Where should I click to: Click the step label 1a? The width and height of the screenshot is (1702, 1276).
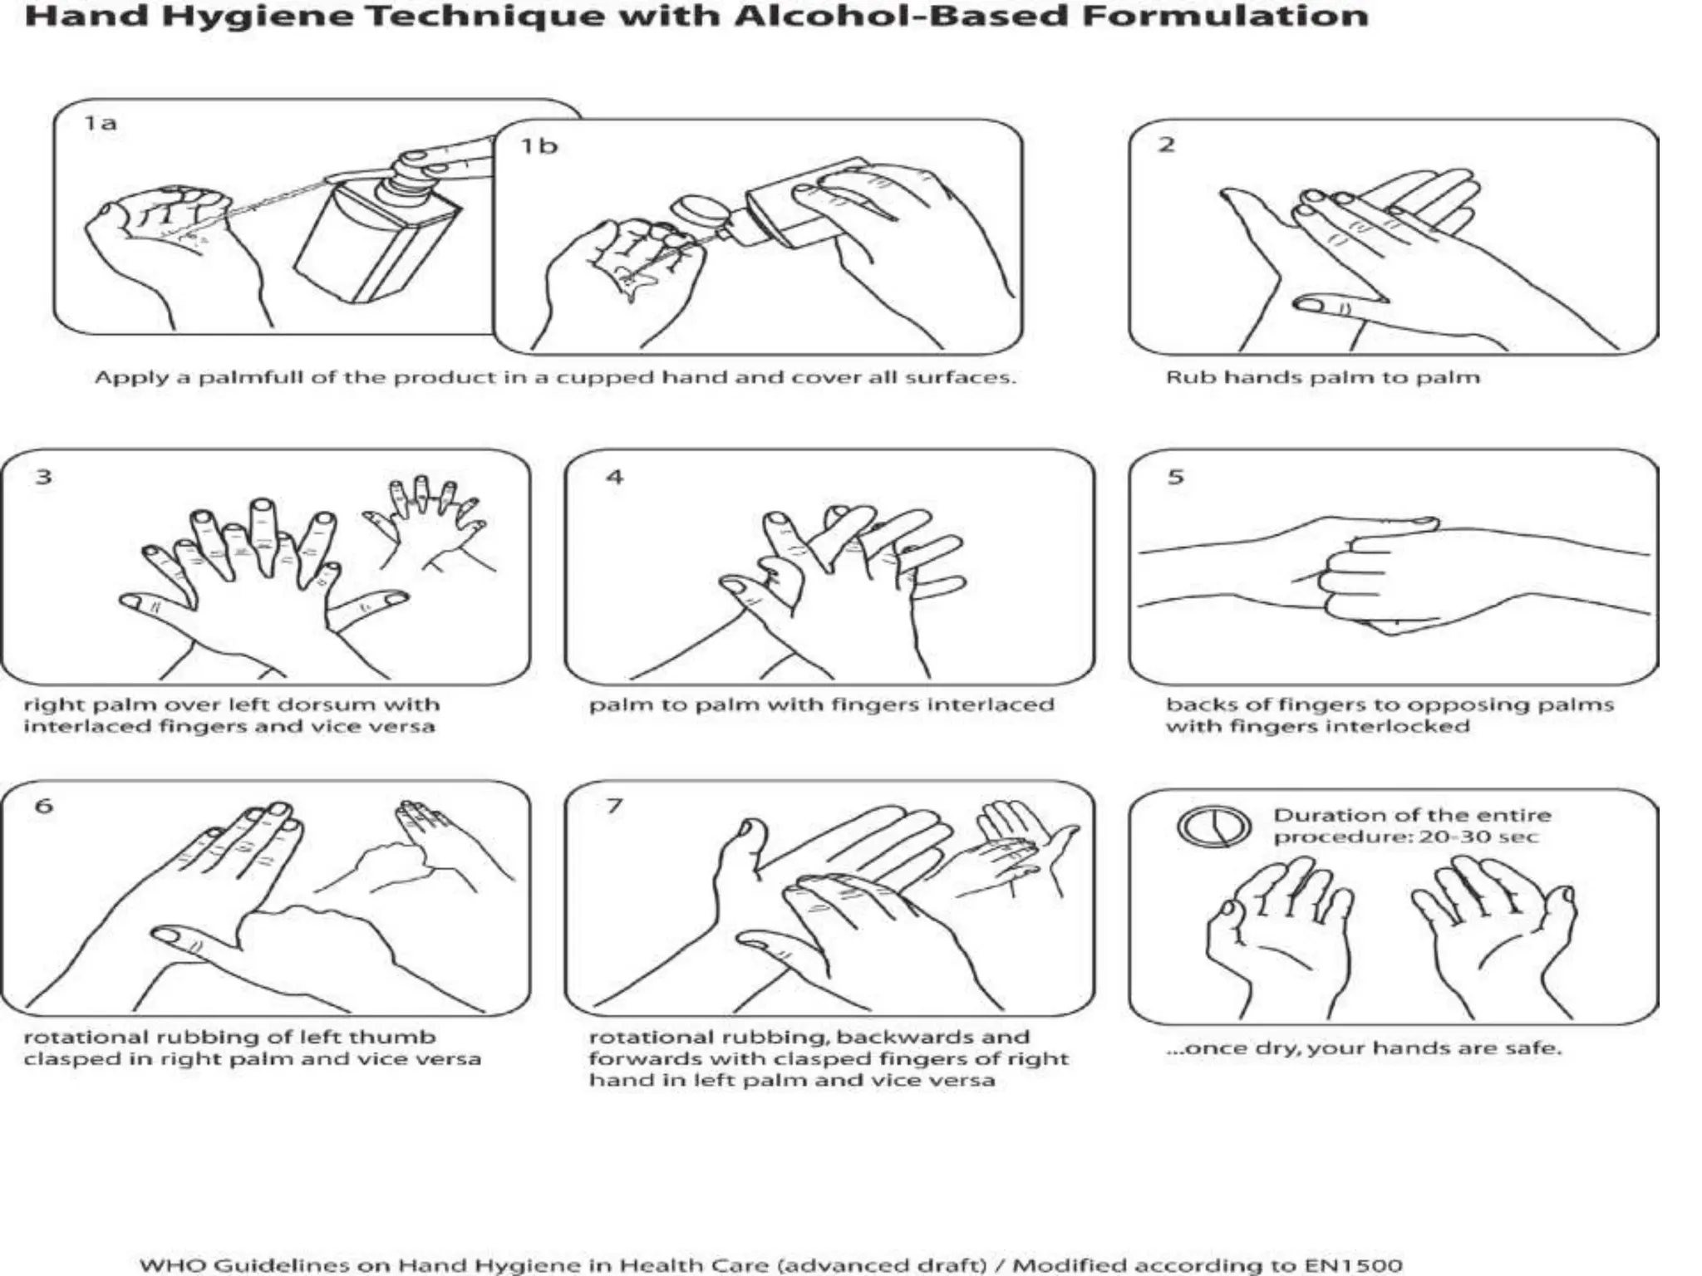pos(100,124)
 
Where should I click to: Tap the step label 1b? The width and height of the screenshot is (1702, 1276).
pos(539,146)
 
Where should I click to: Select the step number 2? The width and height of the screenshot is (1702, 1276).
pos(1167,145)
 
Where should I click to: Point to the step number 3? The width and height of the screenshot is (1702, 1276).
pos(43,477)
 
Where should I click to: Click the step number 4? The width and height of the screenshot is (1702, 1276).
pos(614,477)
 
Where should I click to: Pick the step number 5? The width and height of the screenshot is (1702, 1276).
pos(1175,477)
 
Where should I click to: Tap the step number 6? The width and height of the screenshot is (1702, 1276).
pos(43,805)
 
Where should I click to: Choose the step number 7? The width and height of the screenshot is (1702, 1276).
pos(614,805)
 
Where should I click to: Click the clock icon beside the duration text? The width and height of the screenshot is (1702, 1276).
pos(1214,826)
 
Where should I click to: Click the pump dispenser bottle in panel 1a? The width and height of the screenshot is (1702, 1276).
pos(374,237)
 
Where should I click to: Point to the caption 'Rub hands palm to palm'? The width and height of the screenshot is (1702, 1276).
pos(1322,378)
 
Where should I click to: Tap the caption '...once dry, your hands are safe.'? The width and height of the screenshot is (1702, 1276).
pos(1363,1048)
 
